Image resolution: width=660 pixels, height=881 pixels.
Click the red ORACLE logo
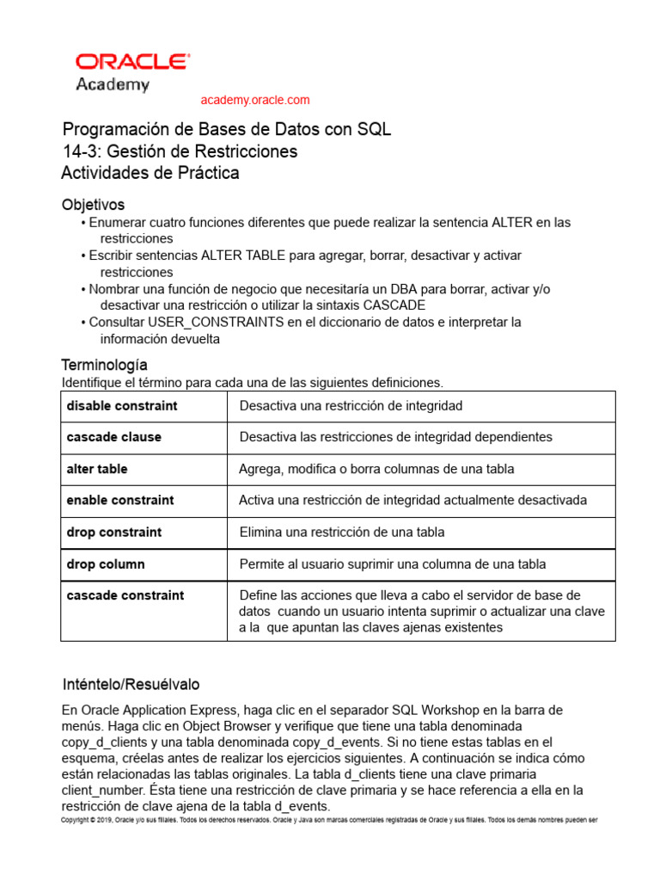(x=132, y=62)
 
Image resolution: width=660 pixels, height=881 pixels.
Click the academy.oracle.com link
(x=254, y=100)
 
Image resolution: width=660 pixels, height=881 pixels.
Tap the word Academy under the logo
(x=113, y=84)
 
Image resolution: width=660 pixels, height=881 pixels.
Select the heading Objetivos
(x=93, y=205)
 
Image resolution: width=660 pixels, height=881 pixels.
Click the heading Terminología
(x=105, y=365)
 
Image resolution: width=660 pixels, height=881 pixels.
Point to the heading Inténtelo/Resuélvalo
(x=131, y=684)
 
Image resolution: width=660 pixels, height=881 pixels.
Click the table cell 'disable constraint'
(x=122, y=405)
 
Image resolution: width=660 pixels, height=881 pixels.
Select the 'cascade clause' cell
(x=114, y=437)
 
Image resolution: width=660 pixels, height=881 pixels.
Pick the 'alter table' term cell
(x=97, y=469)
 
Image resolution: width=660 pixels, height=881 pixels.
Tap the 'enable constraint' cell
(x=120, y=500)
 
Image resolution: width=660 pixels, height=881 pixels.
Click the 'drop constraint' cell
(x=114, y=532)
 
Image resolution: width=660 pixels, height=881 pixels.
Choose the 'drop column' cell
(x=106, y=564)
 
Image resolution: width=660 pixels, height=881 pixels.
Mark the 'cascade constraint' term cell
(x=125, y=595)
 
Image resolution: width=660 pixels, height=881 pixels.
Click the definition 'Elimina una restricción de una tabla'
(x=342, y=532)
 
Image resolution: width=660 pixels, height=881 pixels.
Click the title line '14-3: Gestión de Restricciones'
(x=180, y=151)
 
